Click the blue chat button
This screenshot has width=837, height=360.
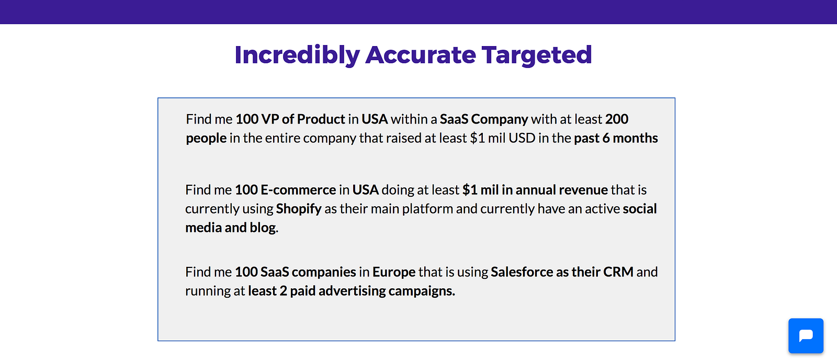(x=806, y=335)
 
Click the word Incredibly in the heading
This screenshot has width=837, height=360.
(x=297, y=55)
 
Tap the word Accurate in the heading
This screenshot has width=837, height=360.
(x=421, y=55)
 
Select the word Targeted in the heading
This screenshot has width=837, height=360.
(x=537, y=55)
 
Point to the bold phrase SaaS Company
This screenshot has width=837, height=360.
(x=484, y=119)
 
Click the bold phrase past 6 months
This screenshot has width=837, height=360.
(x=616, y=138)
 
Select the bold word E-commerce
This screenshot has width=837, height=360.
(x=298, y=190)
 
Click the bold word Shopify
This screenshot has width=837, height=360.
(x=299, y=209)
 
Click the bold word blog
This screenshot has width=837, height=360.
(x=263, y=228)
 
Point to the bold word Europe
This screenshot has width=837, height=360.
(x=394, y=272)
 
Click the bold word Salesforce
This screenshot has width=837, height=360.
(x=522, y=272)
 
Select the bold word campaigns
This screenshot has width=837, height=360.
(x=420, y=291)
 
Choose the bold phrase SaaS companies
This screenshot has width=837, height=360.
(x=308, y=272)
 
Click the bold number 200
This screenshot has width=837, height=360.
(x=617, y=119)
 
